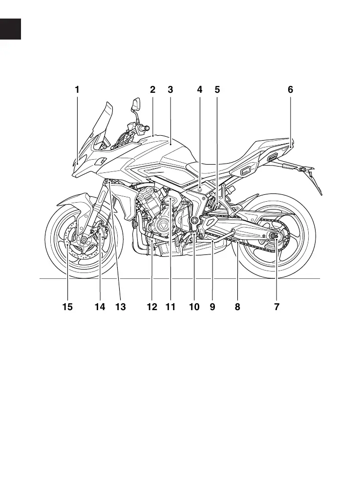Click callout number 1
tap(77, 90)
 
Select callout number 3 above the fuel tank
tap(170, 90)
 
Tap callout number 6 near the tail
tap(290, 90)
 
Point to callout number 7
tap(276, 307)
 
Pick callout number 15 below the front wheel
tap(67, 307)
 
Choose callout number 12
tap(152, 307)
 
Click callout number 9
tap(212, 307)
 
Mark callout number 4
tap(200, 90)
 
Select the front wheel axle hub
tap(84, 239)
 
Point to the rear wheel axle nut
tap(274, 237)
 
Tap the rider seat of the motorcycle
tap(220, 166)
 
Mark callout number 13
tap(120, 307)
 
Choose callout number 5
tap(217, 90)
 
